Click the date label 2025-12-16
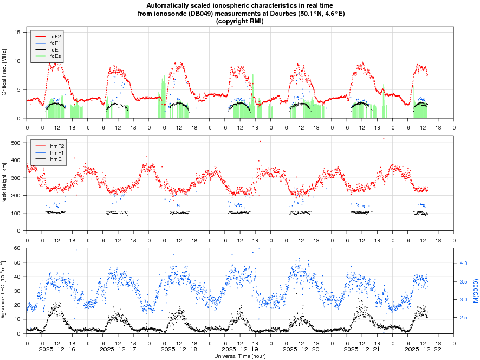pyautogui.click(x=57, y=350)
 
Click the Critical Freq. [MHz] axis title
pyautogui.click(x=4, y=72)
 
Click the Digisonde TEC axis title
pyautogui.click(x=4, y=291)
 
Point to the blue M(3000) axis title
pyautogui.click(x=475, y=291)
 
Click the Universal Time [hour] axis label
pyautogui.click(x=239, y=356)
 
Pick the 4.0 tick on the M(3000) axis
pyautogui.click(x=463, y=263)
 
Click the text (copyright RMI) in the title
pyautogui.click(x=239, y=21)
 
